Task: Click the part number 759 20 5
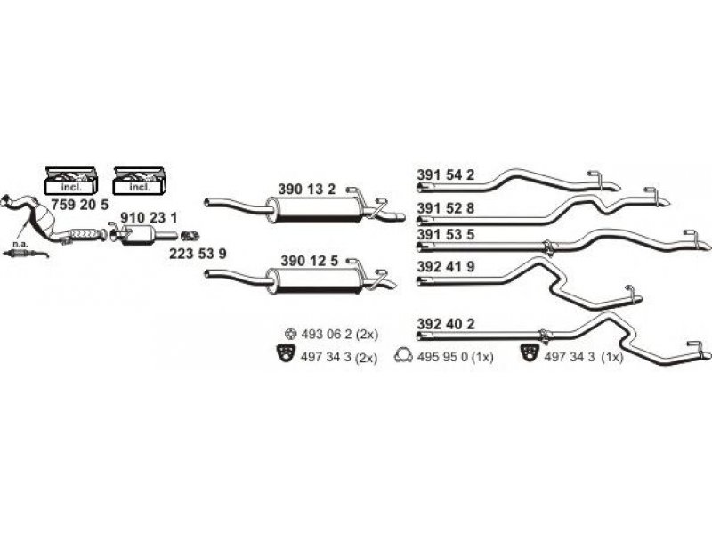coord(79,205)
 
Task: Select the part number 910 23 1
coord(149,218)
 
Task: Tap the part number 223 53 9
coord(198,254)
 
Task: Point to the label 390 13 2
coord(306,190)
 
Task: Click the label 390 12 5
coord(309,261)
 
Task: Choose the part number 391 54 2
coord(446,174)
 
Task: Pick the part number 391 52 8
coord(446,208)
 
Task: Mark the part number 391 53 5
coord(446,234)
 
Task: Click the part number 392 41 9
coord(446,266)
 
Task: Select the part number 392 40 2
coord(446,324)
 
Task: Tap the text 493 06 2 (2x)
coord(340,335)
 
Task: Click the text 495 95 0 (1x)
coord(456,358)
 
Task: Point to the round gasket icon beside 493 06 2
coord(290,335)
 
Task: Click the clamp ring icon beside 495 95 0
coord(403,355)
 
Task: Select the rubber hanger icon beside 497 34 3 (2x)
coord(286,353)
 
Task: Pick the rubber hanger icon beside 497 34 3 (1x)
coord(529,352)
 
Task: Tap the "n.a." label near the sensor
coord(20,244)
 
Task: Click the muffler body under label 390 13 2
coord(315,210)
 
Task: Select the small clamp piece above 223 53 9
coord(190,236)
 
